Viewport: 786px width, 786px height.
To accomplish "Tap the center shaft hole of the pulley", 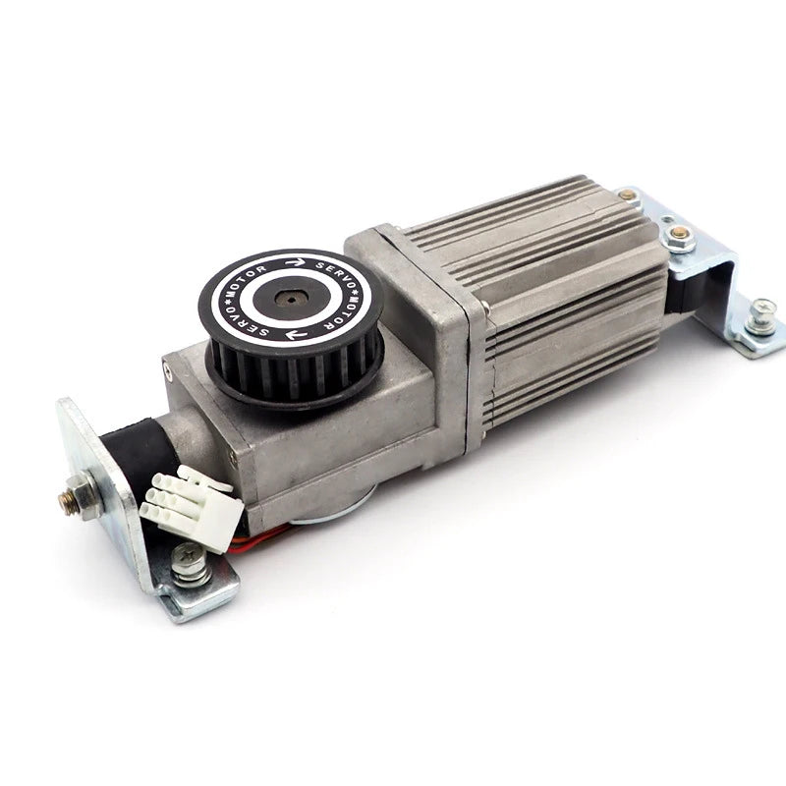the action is tap(289, 300).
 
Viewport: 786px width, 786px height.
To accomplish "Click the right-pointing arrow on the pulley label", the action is tap(296, 261).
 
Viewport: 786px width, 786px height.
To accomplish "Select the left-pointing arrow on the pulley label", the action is tap(296, 334).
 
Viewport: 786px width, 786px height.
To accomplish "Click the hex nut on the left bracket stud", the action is tap(83, 496).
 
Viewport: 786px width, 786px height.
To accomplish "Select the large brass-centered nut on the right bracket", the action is tap(679, 236).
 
